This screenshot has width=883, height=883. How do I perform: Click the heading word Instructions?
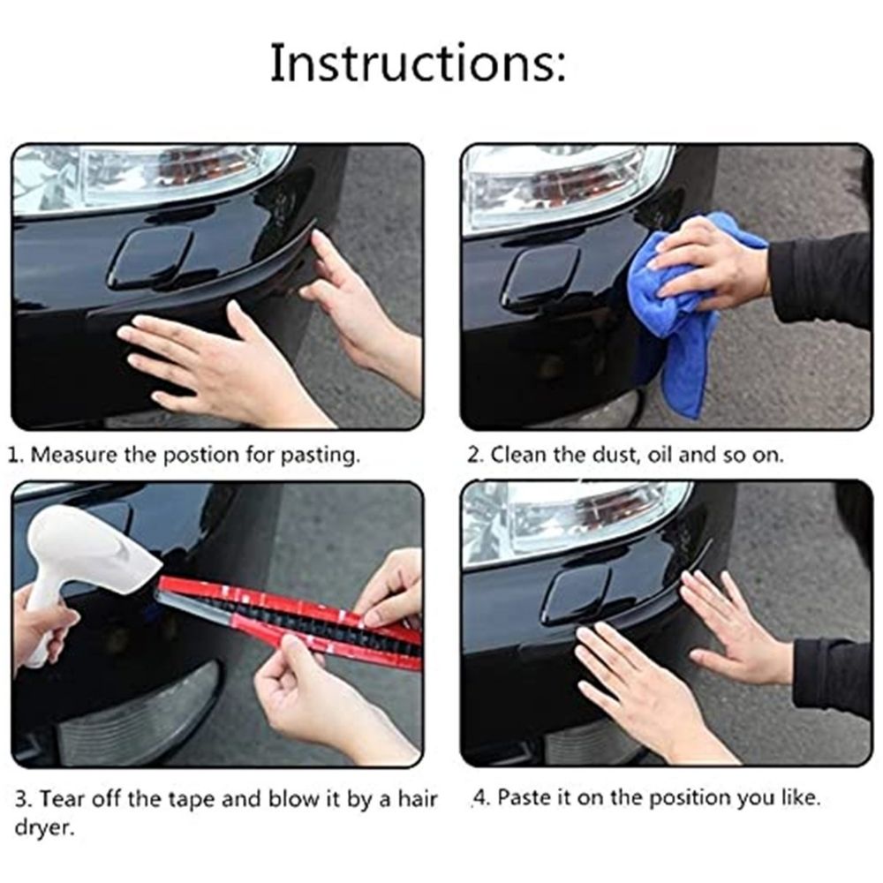417,64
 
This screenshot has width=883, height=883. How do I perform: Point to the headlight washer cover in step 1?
150,257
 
